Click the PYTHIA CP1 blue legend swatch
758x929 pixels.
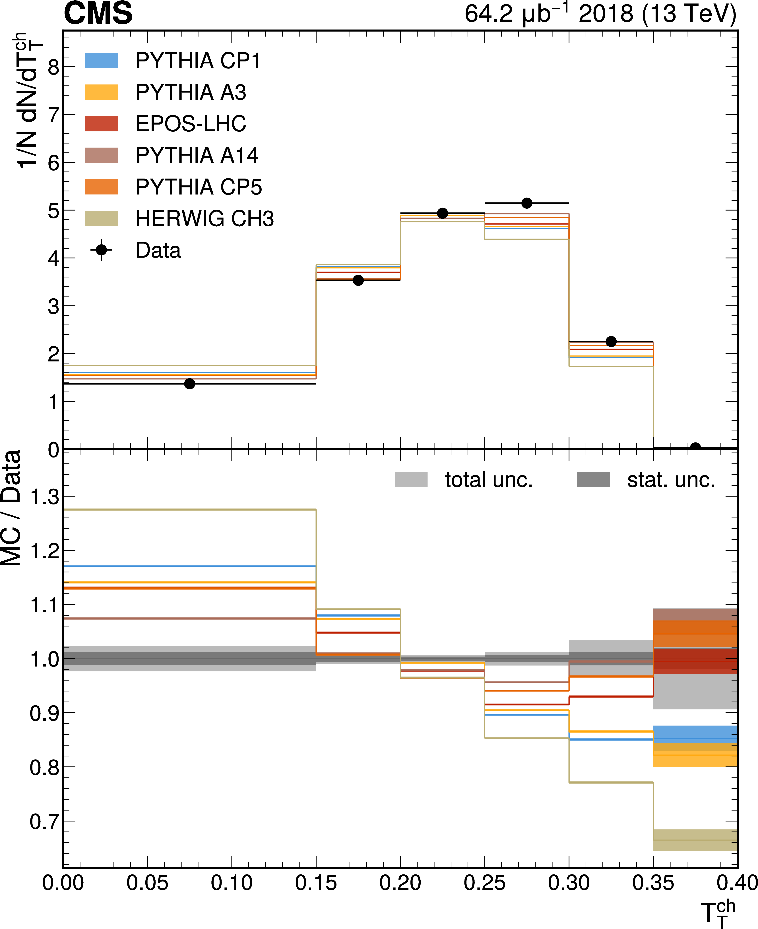point(101,61)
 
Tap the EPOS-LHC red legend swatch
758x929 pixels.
point(101,124)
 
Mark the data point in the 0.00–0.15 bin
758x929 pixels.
point(189,384)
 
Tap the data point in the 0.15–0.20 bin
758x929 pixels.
point(358,280)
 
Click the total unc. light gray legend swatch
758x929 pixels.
point(411,479)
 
